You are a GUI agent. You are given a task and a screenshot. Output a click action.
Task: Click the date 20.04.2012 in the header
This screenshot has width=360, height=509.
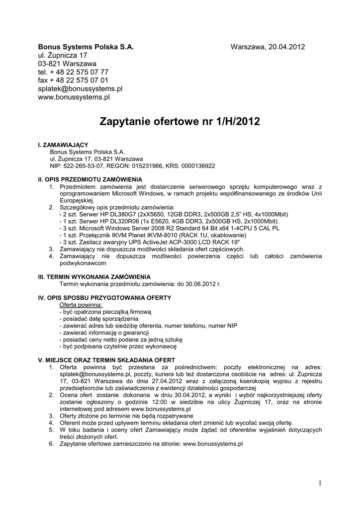click(x=286, y=47)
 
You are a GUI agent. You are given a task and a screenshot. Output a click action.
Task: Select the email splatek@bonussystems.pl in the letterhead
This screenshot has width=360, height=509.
click(x=80, y=88)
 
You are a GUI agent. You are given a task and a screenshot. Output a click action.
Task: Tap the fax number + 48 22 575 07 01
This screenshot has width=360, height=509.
click(x=79, y=80)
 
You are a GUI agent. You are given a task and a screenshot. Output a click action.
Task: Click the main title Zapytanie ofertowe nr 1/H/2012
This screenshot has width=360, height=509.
click(x=180, y=121)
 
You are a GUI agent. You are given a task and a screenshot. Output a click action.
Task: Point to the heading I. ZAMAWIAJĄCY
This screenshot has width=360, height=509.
click(x=63, y=144)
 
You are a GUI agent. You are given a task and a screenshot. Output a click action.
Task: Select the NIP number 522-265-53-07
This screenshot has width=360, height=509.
click(x=84, y=166)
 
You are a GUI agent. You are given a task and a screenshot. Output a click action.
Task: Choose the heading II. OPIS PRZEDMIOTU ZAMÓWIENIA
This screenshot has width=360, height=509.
click(x=90, y=178)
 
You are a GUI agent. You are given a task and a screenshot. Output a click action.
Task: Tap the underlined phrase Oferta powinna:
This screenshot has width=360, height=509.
click(x=81, y=304)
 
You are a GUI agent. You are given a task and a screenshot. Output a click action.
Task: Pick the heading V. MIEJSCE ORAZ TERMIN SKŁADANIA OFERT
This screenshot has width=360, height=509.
click(x=106, y=360)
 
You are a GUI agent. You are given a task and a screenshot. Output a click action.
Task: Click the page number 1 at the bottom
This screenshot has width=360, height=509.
click(x=321, y=483)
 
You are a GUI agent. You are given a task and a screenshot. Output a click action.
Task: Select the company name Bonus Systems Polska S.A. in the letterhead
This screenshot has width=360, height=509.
click(x=86, y=47)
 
